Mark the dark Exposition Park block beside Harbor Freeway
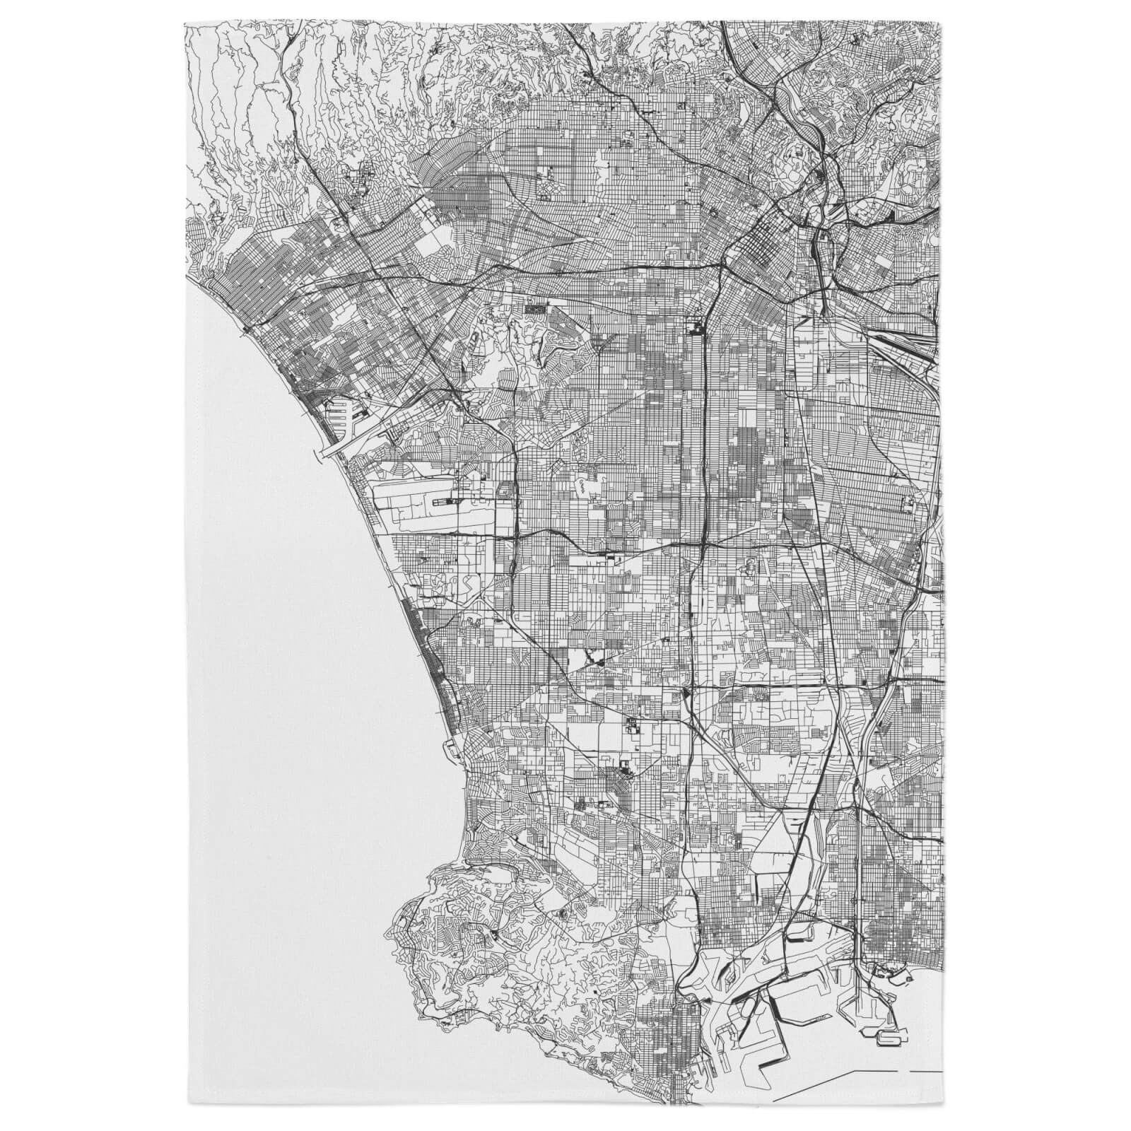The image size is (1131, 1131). [693, 327]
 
